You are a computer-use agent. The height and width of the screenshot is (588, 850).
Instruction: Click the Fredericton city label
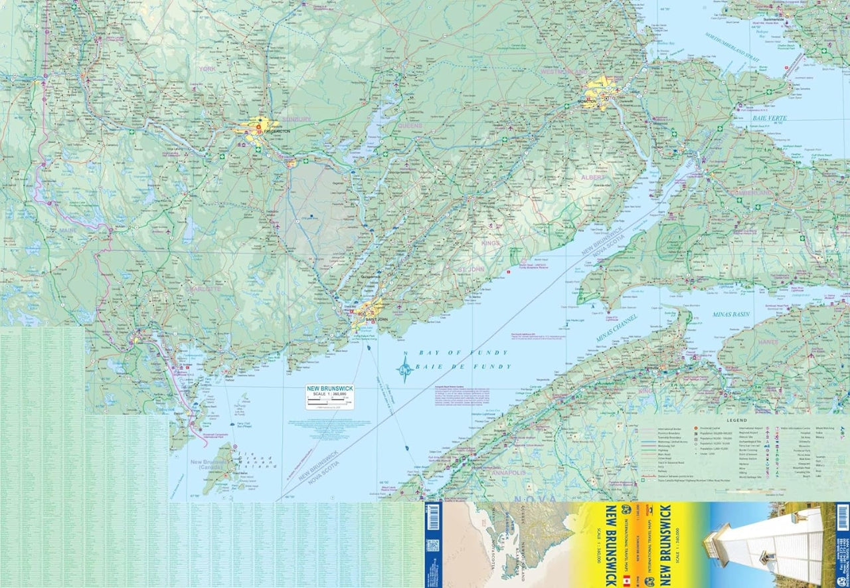(x=277, y=132)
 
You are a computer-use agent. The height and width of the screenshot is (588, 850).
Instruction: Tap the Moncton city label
(x=587, y=102)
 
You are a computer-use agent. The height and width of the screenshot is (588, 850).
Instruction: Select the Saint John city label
(x=372, y=320)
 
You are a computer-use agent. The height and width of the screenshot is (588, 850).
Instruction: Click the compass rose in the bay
(x=404, y=369)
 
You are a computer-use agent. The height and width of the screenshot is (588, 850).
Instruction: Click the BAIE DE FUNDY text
(x=463, y=367)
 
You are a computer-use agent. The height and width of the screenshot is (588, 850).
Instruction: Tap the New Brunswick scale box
(x=330, y=396)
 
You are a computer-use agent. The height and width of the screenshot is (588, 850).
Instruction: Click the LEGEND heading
(x=737, y=421)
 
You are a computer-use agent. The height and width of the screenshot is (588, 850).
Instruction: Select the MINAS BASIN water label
(x=731, y=313)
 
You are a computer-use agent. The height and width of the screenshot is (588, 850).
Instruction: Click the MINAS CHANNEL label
(x=617, y=328)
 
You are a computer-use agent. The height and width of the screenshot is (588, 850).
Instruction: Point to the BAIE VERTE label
(x=753, y=118)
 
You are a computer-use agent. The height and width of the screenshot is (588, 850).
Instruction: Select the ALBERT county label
(x=593, y=178)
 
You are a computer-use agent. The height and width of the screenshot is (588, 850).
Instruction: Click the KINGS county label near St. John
(x=490, y=243)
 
